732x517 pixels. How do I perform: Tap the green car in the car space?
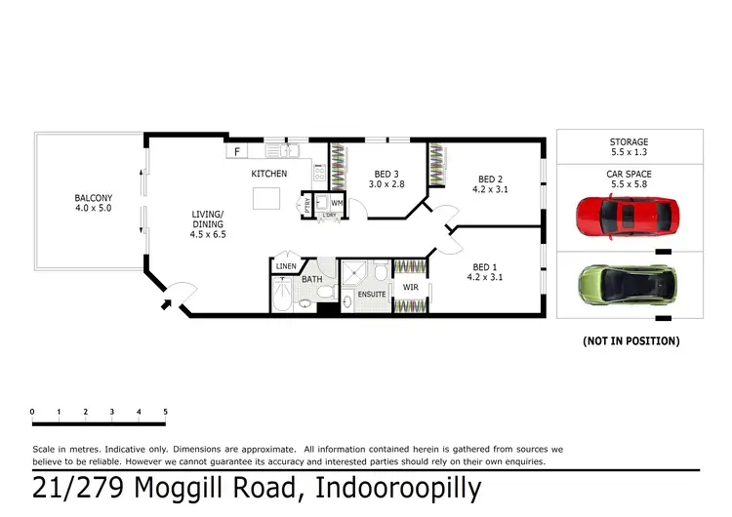[x=629, y=285]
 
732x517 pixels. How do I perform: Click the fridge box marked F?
[x=237, y=153]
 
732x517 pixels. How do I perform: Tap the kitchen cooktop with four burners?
[x=318, y=173]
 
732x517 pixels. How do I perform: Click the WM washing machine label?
[x=336, y=203]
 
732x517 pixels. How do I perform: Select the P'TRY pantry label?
[x=307, y=205]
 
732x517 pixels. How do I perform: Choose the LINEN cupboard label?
[x=286, y=266]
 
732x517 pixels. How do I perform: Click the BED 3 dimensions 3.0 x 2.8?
[x=386, y=183]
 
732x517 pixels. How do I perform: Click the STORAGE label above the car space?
[x=629, y=142]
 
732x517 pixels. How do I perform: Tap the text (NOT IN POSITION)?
[x=630, y=341]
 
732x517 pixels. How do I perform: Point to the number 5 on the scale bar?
[x=165, y=412]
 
